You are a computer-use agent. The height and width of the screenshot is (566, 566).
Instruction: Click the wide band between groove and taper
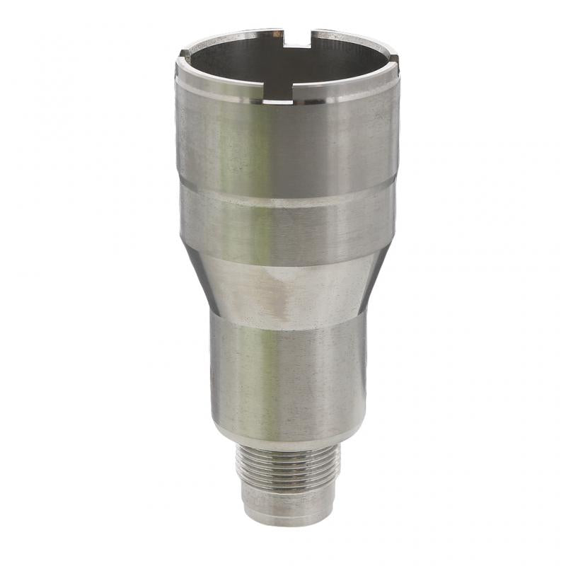pyautogui.click(x=287, y=230)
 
